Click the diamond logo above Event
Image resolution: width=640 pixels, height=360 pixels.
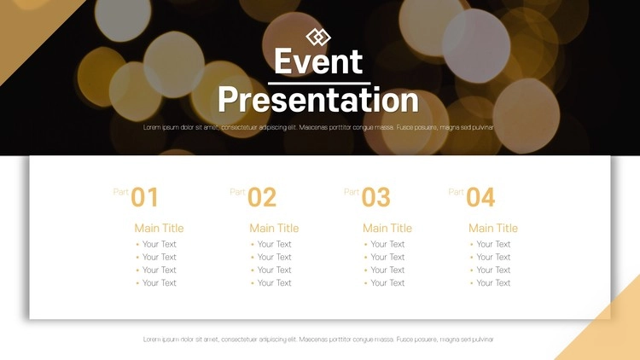[x=318, y=38]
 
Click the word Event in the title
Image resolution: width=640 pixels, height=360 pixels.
[x=318, y=61]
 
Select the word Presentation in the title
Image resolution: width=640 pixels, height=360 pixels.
[x=318, y=100]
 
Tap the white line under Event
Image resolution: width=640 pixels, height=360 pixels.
[x=319, y=84]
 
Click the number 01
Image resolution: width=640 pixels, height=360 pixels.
[x=144, y=198]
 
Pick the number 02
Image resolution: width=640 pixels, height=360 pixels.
[x=262, y=198]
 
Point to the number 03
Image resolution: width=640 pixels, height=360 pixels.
[x=376, y=198]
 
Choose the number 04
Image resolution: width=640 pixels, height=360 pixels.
[x=480, y=198]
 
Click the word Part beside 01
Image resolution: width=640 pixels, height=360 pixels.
[x=121, y=192]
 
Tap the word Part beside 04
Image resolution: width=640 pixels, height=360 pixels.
[x=456, y=192]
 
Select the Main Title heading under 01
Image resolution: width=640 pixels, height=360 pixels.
[x=160, y=228]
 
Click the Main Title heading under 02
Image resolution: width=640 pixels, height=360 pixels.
[x=274, y=228]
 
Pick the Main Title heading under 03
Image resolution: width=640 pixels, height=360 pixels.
[x=387, y=228]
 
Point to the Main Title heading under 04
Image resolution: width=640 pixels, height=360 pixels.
[x=493, y=228]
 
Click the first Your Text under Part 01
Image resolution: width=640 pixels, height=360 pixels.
[x=160, y=244]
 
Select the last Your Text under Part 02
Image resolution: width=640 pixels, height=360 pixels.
[x=274, y=283]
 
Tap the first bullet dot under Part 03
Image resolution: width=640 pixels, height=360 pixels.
[x=366, y=245]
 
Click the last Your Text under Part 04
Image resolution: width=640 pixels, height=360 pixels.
[x=493, y=283]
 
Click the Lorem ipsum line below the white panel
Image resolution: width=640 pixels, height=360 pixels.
[x=318, y=340]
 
